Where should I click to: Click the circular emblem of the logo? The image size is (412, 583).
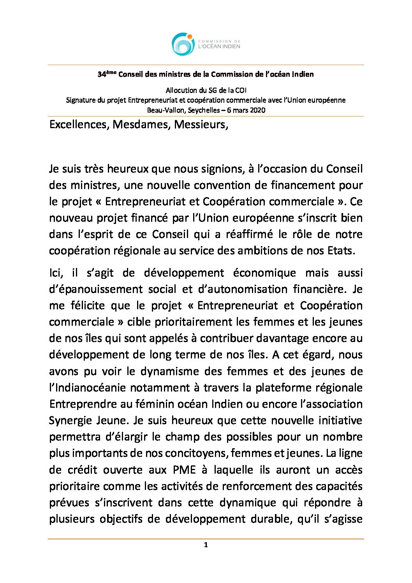coord(183,44)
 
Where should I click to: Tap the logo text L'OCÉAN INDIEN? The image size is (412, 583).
coord(219,46)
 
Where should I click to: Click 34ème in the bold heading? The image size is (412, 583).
coord(107,74)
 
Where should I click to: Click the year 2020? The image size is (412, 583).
coord(257,110)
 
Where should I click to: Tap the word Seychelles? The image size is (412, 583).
coord(204,110)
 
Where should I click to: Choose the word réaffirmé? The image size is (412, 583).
coord(247,234)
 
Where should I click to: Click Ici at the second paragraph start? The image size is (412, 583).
coord(56,273)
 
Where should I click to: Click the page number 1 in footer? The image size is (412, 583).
coord(206,545)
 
